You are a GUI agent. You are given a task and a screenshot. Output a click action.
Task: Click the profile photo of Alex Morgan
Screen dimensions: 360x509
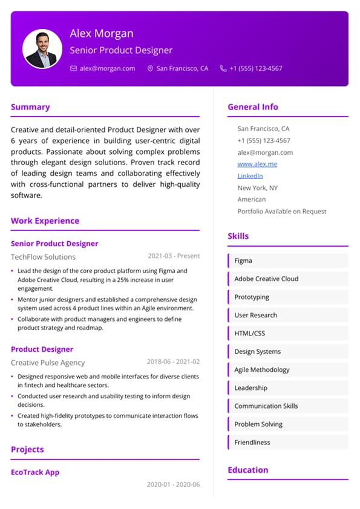[x=42, y=49]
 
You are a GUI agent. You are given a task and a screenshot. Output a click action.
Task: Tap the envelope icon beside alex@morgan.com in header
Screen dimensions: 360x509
[x=74, y=69]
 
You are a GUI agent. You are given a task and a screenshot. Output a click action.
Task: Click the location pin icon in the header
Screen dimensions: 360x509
[x=151, y=69]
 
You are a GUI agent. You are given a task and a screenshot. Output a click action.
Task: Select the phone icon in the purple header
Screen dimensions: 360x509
[x=223, y=69]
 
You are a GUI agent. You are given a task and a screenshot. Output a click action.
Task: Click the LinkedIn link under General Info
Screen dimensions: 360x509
[x=250, y=176]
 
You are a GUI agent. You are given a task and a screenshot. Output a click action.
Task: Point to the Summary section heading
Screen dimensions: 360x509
[x=30, y=107]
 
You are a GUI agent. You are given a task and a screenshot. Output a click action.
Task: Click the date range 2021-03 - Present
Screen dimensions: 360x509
[x=174, y=256]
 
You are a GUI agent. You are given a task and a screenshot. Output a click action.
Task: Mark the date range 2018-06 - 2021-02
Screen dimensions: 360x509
[x=174, y=362]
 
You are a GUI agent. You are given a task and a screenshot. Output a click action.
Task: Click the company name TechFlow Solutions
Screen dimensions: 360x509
[x=43, y=257]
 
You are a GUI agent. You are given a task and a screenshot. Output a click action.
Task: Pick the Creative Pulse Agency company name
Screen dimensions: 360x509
[x=48, y=363]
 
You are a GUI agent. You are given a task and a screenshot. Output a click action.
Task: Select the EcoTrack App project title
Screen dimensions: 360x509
[x=35, y=472]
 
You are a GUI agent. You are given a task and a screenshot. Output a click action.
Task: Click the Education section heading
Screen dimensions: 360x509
[x=247, y=470]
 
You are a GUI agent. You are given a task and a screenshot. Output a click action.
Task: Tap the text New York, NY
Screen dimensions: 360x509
[x=258, y=188]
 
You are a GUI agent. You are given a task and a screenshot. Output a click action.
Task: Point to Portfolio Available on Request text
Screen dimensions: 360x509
[x=282, y=212]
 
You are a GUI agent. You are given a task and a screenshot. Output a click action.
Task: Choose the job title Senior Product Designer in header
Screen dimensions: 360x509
[x=121, y=50]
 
